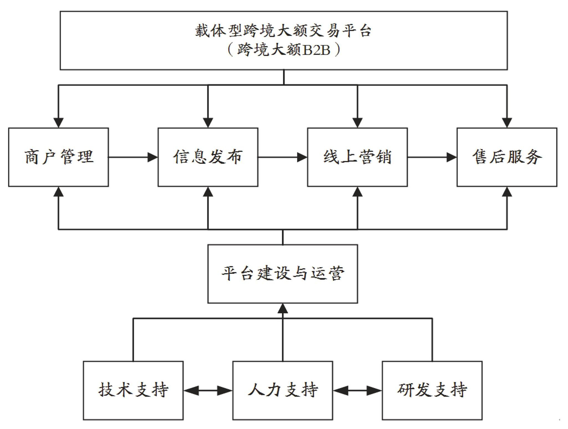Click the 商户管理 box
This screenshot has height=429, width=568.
(x=58, y=157)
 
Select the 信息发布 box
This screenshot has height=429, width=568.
(x=208, y=157)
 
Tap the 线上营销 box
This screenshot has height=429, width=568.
(x=357, y=157)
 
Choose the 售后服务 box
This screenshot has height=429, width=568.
(x=507, y=157)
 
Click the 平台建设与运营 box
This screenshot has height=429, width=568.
(x=283, y=274)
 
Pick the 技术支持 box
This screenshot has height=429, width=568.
(x=133, y=390)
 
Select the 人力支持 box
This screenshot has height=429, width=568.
(x=283, y=390)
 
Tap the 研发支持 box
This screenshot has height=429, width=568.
(x=432, y=390)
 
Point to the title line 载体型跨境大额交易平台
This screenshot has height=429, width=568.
(x=283, y=31)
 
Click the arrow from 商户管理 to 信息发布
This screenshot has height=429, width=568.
(x=133, y=157)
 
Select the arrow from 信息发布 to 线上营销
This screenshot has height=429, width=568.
(x=283, y=157)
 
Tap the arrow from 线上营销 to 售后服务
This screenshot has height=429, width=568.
(x=432, y=157)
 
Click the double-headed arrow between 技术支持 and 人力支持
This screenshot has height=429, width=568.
(x=208, y=391)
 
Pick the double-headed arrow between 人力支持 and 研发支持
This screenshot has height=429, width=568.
(x=358, y=391)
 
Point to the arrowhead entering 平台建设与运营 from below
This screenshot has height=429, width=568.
(x=283, y=308)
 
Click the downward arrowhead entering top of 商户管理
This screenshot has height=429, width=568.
(x=58, y=123)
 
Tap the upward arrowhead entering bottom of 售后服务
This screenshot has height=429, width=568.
(x=507, y=191)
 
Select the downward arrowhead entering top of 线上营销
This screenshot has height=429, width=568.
(x=357, y=123)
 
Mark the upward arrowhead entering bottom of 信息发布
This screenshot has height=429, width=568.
(x=208, y=191)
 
